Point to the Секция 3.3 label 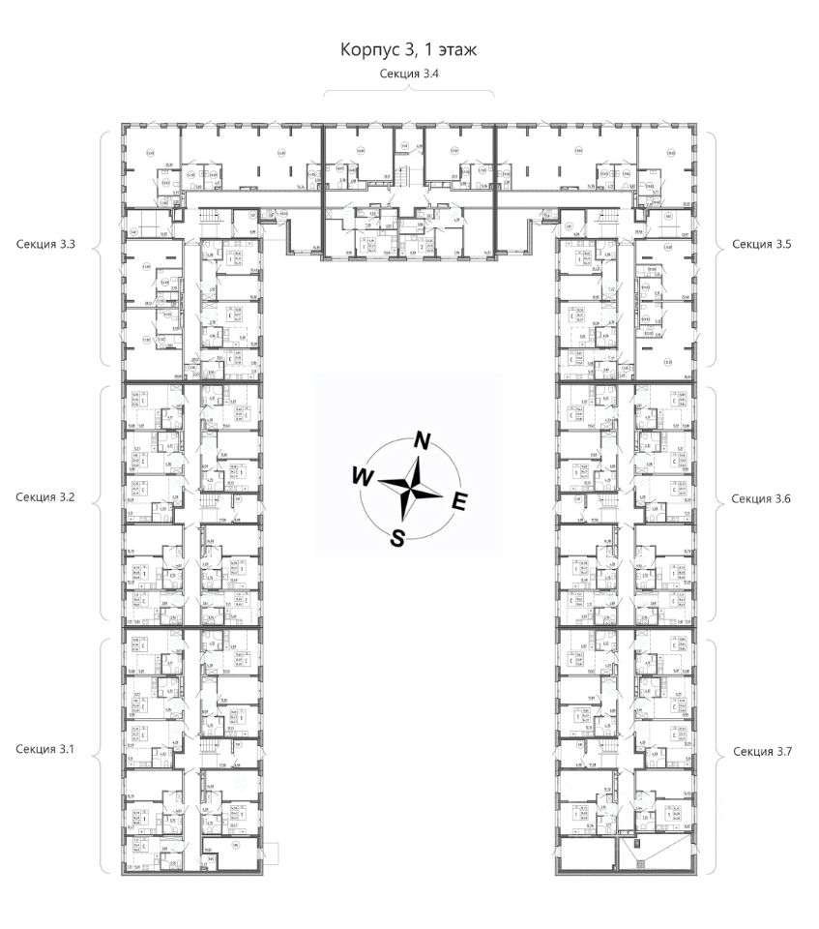[46, 246]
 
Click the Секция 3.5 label [762, 246]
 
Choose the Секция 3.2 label [46, 497]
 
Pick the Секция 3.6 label [762, 498]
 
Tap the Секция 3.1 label [46, 750]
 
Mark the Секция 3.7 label [762, 751]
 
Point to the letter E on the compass [460, 500]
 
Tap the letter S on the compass [397, 538]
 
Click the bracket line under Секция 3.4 [408, 91]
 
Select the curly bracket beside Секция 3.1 [102, 750]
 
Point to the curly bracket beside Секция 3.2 [102, 497]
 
